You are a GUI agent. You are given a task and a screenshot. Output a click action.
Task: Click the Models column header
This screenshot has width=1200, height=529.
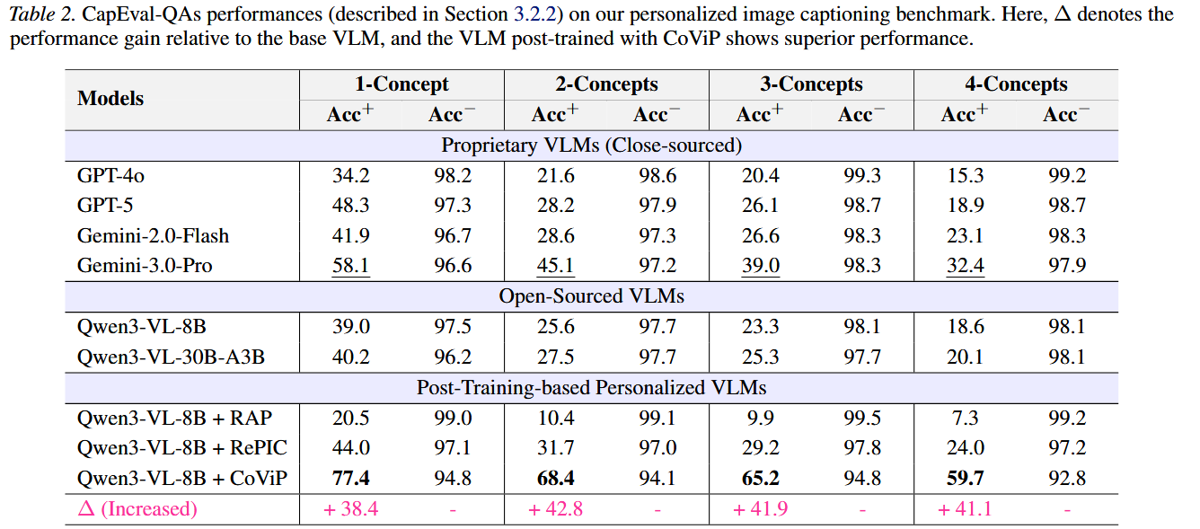[110, 99]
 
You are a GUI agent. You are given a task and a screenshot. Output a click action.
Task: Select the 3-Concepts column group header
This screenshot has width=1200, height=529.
[811, 84]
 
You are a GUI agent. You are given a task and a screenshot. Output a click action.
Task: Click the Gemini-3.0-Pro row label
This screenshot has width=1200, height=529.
[145, 266]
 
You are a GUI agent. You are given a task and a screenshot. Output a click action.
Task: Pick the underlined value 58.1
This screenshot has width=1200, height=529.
[350, 266]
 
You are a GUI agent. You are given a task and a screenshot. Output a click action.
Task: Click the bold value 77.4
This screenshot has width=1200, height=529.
[350, 478]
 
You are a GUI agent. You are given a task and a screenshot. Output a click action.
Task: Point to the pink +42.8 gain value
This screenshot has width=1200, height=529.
[555, 509]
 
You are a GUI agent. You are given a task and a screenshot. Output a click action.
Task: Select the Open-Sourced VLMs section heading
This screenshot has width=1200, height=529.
[591, 296]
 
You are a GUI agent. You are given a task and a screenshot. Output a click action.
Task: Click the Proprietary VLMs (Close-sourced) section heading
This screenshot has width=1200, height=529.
[591, 145]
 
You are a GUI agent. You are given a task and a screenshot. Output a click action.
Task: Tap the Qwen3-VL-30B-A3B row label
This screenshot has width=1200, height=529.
[171, 357]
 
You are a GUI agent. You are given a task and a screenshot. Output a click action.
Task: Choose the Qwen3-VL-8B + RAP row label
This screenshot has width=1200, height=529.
[174, 418]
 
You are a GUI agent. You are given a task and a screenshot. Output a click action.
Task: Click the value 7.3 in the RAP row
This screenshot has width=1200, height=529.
[965, 418]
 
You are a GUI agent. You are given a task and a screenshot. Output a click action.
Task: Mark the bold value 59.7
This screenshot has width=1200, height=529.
[965, 478]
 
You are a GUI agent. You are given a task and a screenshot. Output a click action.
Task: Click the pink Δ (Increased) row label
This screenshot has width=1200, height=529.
[137, 509]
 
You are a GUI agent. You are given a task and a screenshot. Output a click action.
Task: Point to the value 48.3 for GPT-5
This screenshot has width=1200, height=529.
[350, 206]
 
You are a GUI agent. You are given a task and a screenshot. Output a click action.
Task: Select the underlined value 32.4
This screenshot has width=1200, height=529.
[965, 266]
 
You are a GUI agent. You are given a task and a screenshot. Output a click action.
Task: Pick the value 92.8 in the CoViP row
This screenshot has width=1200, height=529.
[1066, 478]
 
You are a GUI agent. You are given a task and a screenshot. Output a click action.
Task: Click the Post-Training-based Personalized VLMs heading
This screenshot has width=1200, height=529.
[591, 387]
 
